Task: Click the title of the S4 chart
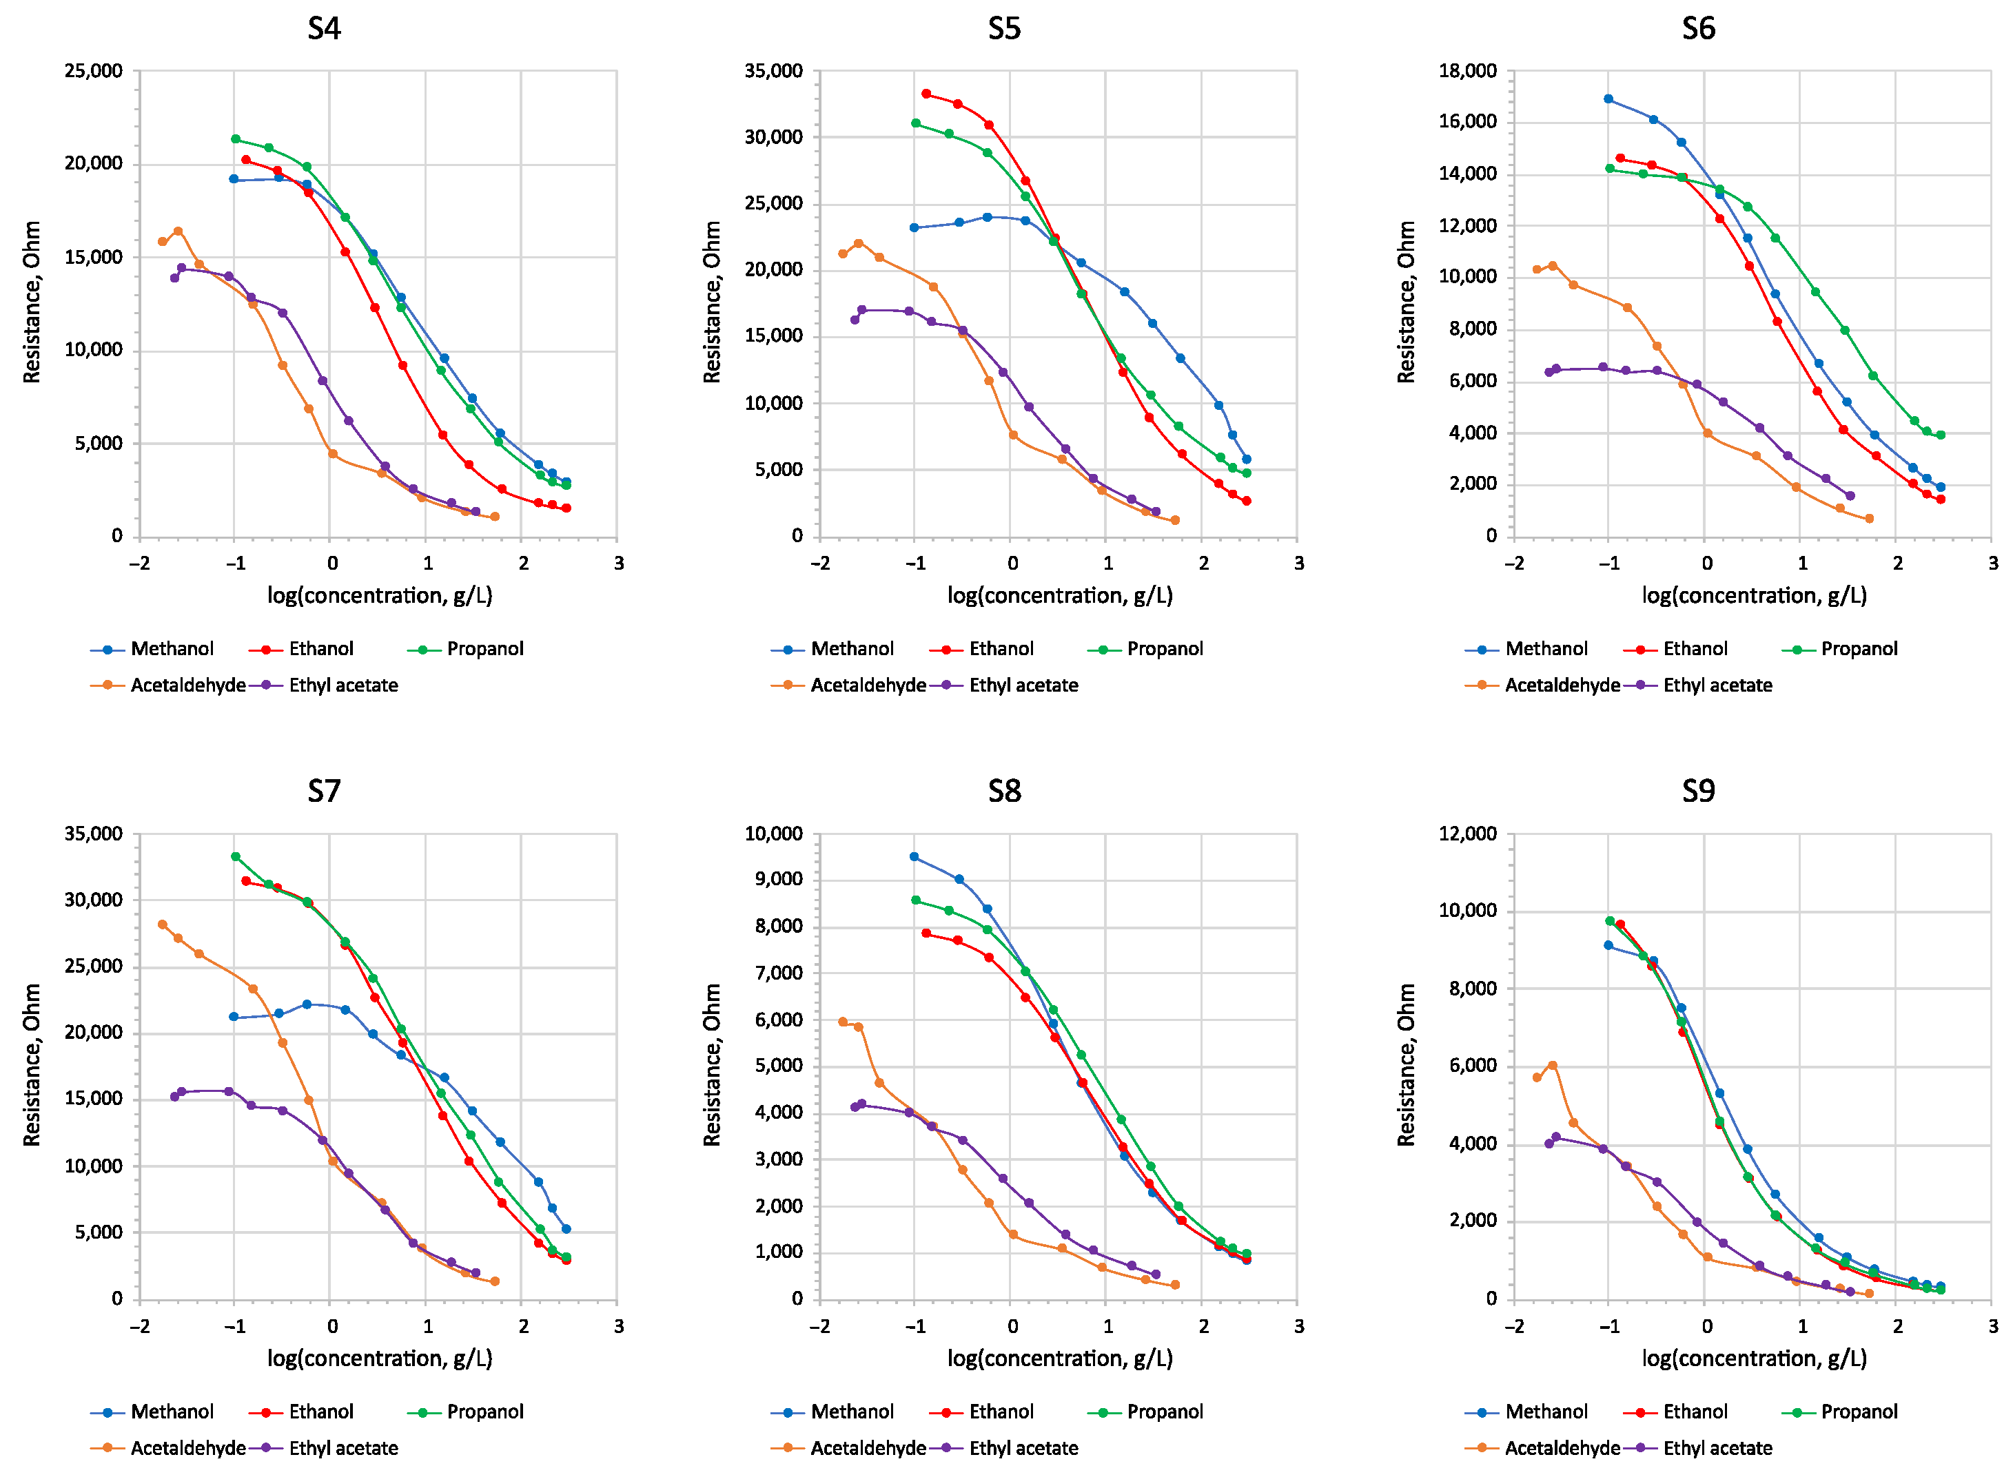[x=324, y=29]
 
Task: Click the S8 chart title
[x=1003, y=792]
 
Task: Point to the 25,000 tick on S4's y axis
[x=93, y=71]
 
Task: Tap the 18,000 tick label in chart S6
[x=1467, y=71]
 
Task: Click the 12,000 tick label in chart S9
[x=1467, y=834]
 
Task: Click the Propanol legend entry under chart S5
[x=1163, y=649]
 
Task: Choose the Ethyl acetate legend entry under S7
[x=343, y=1448]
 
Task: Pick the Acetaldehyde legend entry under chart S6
[x=1562, y=685]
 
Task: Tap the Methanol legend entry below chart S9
[x=1545, y=1412]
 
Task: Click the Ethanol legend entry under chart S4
[x=320, y=649]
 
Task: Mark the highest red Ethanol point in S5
[x=926, y=94]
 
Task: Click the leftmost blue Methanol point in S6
[x=1608, y=99]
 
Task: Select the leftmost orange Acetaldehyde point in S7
[x=162, y=925]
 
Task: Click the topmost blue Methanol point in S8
[x=913, y=856]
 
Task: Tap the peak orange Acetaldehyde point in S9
[x=1553, y=1066]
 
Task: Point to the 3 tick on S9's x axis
[x=1993, y=1327]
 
